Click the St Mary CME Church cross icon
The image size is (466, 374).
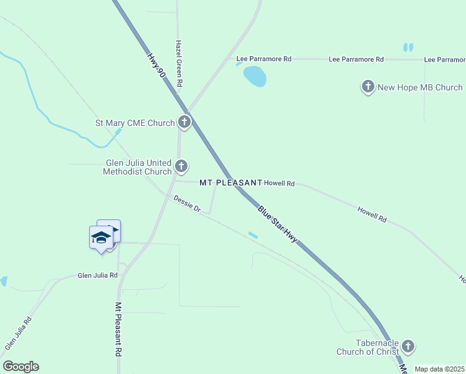point(184,122)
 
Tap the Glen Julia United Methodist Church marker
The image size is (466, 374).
point(181,166)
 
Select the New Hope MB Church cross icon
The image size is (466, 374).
point(368,87)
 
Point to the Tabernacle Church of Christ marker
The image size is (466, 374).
point(408,345)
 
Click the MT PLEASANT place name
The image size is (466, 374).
point(231,183)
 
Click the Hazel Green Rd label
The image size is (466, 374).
point(179,64)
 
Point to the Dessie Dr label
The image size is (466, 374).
point(187,204)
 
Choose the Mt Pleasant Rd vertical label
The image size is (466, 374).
point(118,330)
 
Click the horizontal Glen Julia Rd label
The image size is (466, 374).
point(98,275)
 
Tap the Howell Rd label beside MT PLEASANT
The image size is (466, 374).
point(279,183)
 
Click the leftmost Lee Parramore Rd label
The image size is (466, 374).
point(264,59)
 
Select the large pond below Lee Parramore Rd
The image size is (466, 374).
point(255,76)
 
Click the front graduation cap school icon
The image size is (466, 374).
point(101,237)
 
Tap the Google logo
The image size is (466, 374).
point(21,367)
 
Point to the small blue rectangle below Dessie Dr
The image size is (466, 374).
point(253,235)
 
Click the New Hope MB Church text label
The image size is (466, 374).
point(421,87)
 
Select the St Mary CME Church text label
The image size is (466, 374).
point(135,123)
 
